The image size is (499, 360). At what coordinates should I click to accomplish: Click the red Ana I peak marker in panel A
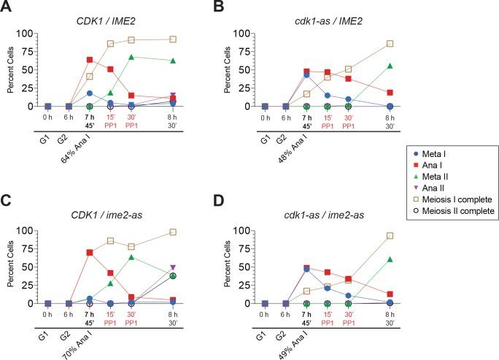pos(90,59)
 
